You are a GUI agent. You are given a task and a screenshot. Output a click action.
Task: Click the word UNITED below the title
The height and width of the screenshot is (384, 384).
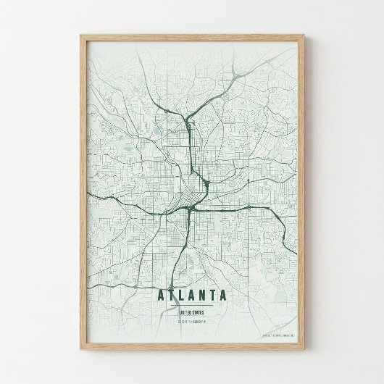coord(185,312)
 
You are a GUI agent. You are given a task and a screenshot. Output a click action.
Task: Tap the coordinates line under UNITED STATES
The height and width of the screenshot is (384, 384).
coord(192,321)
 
